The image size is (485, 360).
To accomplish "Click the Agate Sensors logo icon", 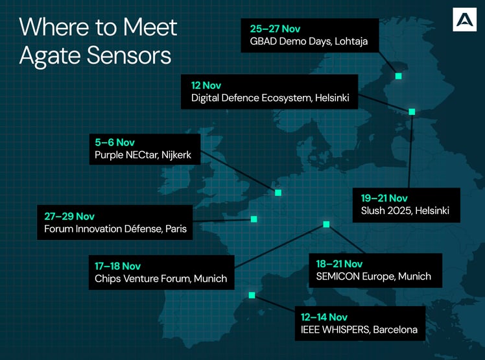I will click(464, 21).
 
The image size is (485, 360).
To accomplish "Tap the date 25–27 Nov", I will click(275, 29).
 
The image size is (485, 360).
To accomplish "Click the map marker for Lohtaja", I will click(399, 76).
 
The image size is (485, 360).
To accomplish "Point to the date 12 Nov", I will click(206, 85).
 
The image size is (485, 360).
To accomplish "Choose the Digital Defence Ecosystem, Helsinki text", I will click(270, 99).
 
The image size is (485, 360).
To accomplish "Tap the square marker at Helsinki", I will click(412, 112).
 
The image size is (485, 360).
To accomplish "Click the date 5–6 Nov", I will click(114, 142).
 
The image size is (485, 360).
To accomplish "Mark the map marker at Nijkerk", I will click(278, 193).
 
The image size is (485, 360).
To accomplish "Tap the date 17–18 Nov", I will click(117, 266).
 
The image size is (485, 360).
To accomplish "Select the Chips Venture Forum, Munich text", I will click(161, 279).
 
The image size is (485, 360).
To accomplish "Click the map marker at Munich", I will click(326, 224).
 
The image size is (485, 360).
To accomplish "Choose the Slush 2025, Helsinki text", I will click(405, 211).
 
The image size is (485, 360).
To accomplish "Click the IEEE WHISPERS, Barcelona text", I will click(359, 330).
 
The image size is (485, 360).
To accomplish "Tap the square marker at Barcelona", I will click(252, 295).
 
